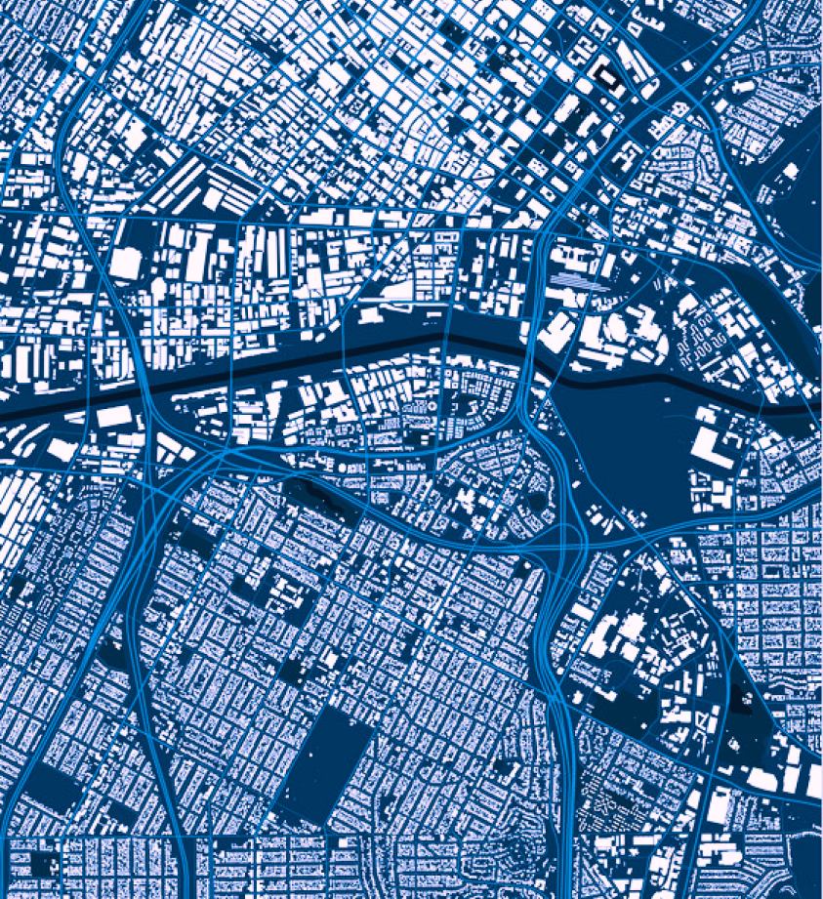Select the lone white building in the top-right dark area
789,171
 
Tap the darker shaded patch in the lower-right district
742,698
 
